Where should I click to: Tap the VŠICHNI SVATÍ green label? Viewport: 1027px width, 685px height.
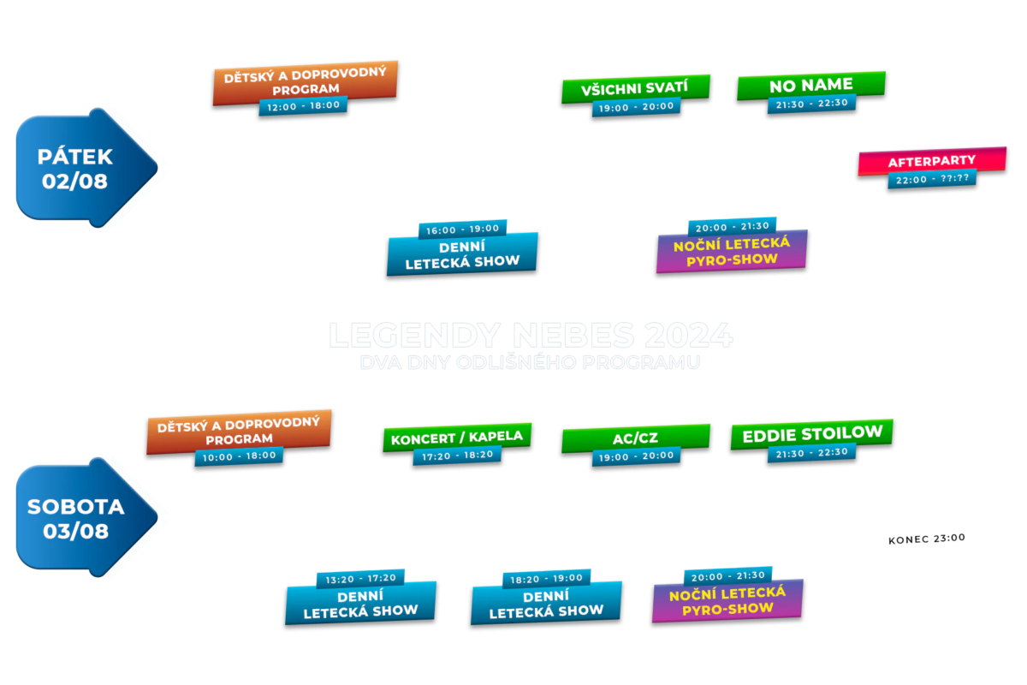tap(635, 88)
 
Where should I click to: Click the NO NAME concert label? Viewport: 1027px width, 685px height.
tap(810, 85)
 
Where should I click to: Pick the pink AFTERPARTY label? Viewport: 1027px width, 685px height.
tap(932, 161)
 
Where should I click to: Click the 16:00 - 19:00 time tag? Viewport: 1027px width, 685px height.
tap(462, 229)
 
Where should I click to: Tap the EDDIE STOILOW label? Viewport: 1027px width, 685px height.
tap(811, 433)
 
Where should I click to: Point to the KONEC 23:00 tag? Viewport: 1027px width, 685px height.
tap(927, 539)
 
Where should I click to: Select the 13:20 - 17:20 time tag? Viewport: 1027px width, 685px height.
tap(360, 579)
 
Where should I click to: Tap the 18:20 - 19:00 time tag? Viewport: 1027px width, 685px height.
tap(547, 578)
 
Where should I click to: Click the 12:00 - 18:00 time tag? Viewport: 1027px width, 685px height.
tap(303, 105)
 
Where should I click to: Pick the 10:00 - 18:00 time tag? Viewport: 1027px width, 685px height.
tap(239, 456)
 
